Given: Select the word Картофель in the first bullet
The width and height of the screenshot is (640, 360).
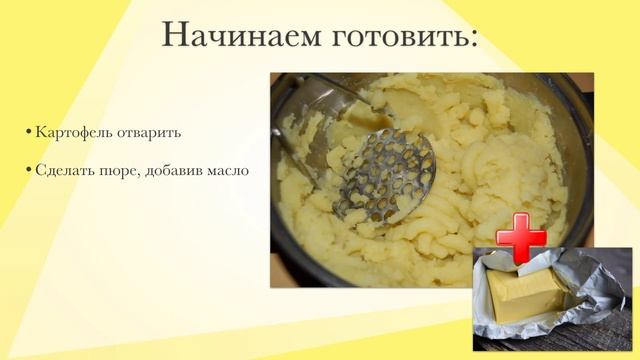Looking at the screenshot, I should tap(72, 132).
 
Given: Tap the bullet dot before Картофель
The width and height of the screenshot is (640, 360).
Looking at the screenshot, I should tap(29, 133).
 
